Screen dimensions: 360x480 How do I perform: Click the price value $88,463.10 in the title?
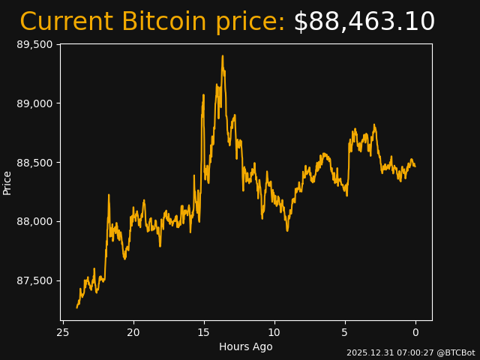tap(364, 22)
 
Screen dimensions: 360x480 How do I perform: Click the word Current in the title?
tap(67, 22)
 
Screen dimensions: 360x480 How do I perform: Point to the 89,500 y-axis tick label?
tap(34, 44)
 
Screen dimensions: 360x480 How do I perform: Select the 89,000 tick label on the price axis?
tap(34, 103)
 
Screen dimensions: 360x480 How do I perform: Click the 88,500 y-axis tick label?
tap(34, 163)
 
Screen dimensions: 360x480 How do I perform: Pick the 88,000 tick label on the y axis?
tap(34, 221)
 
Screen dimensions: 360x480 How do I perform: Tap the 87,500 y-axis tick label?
tap(34, 280)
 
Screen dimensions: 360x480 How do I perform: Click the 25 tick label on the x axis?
tap(63, 332)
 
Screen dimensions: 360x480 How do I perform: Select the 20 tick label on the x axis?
tap(133, 332)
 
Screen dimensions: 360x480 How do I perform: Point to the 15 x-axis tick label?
tap(204, 332)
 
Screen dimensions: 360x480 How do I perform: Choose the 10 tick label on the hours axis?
tap(274, 332)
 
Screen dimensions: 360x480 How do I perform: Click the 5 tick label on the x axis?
tap(345, 332)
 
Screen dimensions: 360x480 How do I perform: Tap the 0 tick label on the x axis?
tap(415, 332)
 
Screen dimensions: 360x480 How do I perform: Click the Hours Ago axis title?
tap(246, 346)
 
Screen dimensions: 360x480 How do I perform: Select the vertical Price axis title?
tap(7, 182)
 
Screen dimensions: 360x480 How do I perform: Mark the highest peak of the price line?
tap(222, 56)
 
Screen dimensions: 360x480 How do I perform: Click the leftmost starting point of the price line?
tap(76, 307)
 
